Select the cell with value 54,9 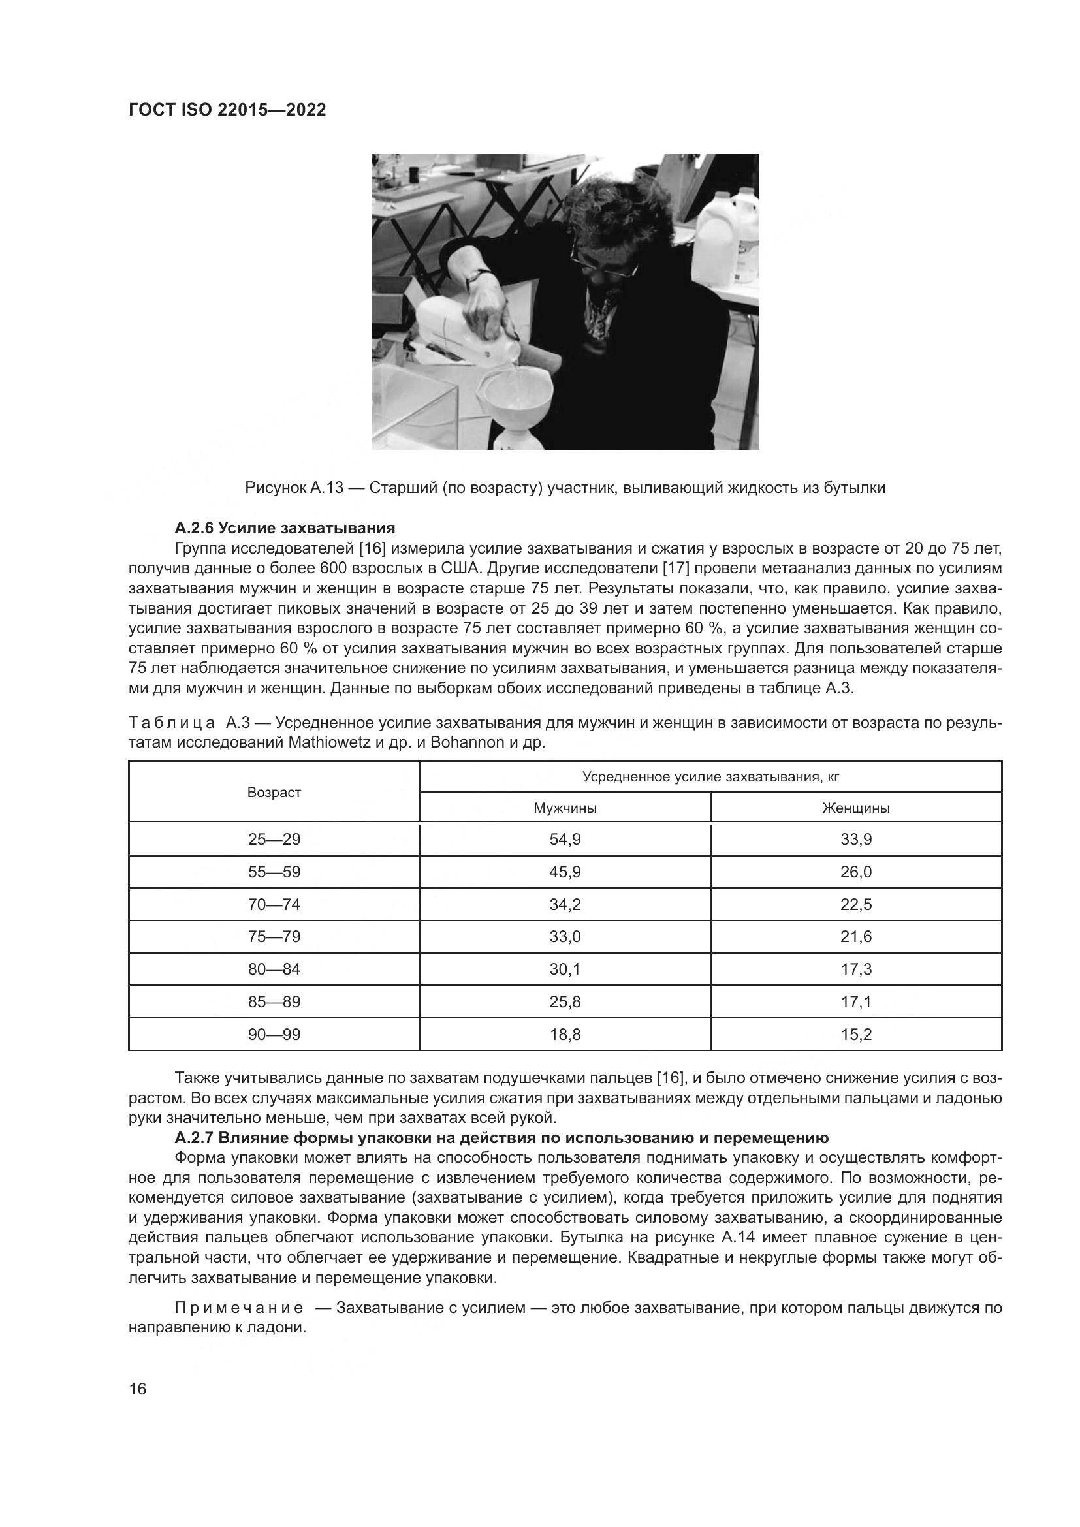[565, 840]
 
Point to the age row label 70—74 [274, 904]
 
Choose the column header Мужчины [565, 808]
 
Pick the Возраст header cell [274, 792]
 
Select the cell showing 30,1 [565, 969]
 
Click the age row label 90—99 [274, 1034]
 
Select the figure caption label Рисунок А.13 [293, 488]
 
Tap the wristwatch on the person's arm [476, 274]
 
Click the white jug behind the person [726, 236]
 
